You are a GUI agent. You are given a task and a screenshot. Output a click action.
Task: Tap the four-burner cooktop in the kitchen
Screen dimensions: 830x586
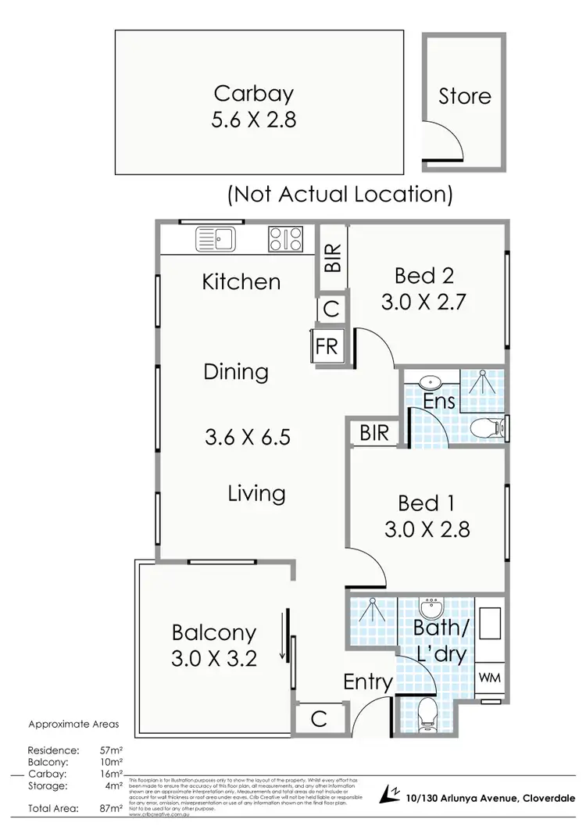[285, 238]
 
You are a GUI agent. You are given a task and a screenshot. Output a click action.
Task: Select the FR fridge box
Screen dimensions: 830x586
[327, 346]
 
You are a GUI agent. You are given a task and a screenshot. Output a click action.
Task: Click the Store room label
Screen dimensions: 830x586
[464, 97]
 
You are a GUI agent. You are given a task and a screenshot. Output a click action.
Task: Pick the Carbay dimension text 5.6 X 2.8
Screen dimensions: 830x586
[254, 121]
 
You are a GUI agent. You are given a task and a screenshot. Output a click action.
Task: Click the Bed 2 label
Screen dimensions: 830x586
[424, 275]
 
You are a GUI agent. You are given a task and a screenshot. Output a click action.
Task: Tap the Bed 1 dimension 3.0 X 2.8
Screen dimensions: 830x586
[427, 530]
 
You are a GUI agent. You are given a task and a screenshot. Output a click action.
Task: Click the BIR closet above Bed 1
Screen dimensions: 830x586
[375, 433]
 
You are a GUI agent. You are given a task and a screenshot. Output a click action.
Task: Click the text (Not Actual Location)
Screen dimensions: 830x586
[340, 194]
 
